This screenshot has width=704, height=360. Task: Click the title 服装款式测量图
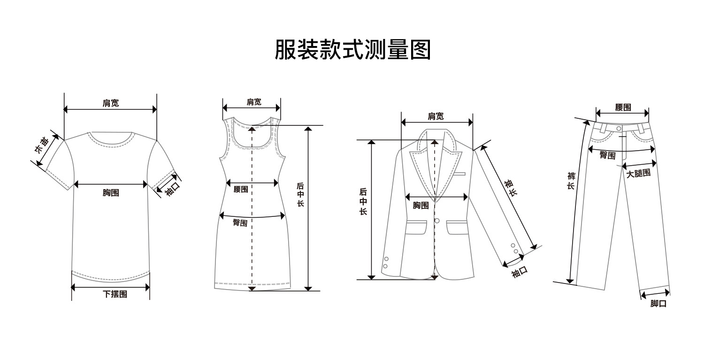click(352, 49)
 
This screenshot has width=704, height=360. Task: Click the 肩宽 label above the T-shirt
click(111, 103)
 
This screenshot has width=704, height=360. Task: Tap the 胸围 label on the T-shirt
click(111, 192)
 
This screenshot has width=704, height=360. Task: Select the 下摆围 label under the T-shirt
click(115, 294)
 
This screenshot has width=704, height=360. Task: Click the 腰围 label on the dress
click(241, 189)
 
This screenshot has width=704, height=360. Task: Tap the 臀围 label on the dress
click(240, 223)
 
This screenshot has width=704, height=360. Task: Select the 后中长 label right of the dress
click(300, 195)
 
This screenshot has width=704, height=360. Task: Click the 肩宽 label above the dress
click(254, 102)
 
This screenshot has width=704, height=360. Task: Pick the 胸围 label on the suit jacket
click(421, 206)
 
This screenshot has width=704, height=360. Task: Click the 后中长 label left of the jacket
click(363, 201)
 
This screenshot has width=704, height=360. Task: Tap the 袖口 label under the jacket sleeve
click(520, 271)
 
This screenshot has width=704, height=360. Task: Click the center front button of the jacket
click(437, 221)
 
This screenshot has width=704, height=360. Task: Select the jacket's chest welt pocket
click(459, 174)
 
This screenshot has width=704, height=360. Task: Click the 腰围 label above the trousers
click(623, 107)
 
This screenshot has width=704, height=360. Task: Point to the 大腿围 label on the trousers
click(638, 173)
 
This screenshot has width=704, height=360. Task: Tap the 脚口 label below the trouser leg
click(658, 304)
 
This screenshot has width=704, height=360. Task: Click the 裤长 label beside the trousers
click(571, 181)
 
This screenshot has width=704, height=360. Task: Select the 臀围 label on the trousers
click(607, 155)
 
